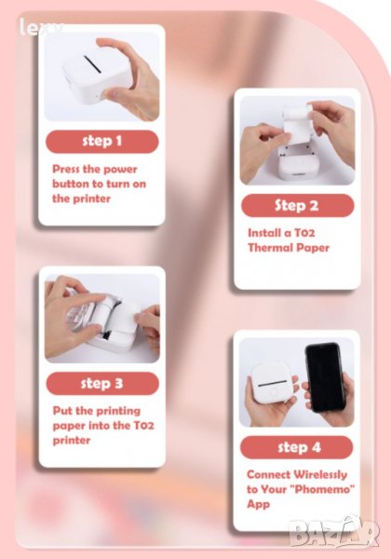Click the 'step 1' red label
tap(102, 142)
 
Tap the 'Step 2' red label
tap(297, 205)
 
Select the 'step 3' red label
tap(102, 384)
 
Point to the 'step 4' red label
tap(297, 447)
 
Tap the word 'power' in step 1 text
tap(120, 170)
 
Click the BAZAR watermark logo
tap(333, 532)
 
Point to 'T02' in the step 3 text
tap(144, 426)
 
